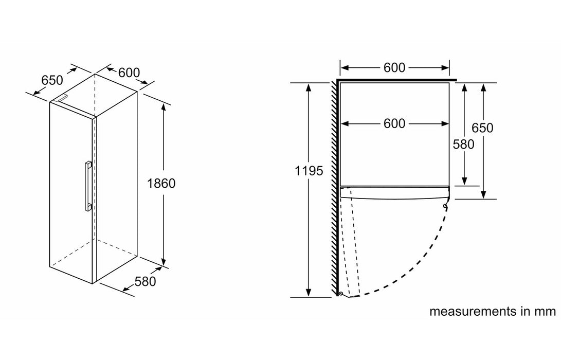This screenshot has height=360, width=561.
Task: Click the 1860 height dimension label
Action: pyautogui.click(x=161, y=183)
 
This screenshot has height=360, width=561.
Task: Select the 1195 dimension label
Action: pyautogui.click(x=309, y=171)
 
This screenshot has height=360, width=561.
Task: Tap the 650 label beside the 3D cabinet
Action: pyautogui.click(x=52, y=80)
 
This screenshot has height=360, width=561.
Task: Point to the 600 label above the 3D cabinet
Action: pyautogui.click(x=129, y=73)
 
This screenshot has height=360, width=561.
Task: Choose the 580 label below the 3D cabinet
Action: pyautogui.click(x=144, y=281)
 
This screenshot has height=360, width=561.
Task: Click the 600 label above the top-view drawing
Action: pyautogui.click(x=394, y=67)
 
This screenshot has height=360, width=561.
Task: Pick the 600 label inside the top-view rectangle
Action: pyautogui.click(x=394, y=123)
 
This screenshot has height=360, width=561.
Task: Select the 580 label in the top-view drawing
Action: pyautogui.click(x=463, y=145)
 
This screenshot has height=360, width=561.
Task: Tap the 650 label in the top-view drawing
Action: pyautogui.click(x=482, y=128)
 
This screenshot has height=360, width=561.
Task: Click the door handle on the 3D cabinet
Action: pyautogui.click(x=88, y=185)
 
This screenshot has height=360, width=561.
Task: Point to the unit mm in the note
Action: pyautogui.click(x=547, y=311)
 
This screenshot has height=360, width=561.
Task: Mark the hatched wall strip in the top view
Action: pyautogui.click(x=335, y=185)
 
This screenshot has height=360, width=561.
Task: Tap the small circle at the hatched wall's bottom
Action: pyautogui.click(x=340, y=294)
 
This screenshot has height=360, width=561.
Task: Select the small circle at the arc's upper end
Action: pyautogui.click(x=445, y=207)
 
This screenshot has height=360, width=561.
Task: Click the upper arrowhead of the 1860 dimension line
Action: pyautogui.click(x=164, y=106)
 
